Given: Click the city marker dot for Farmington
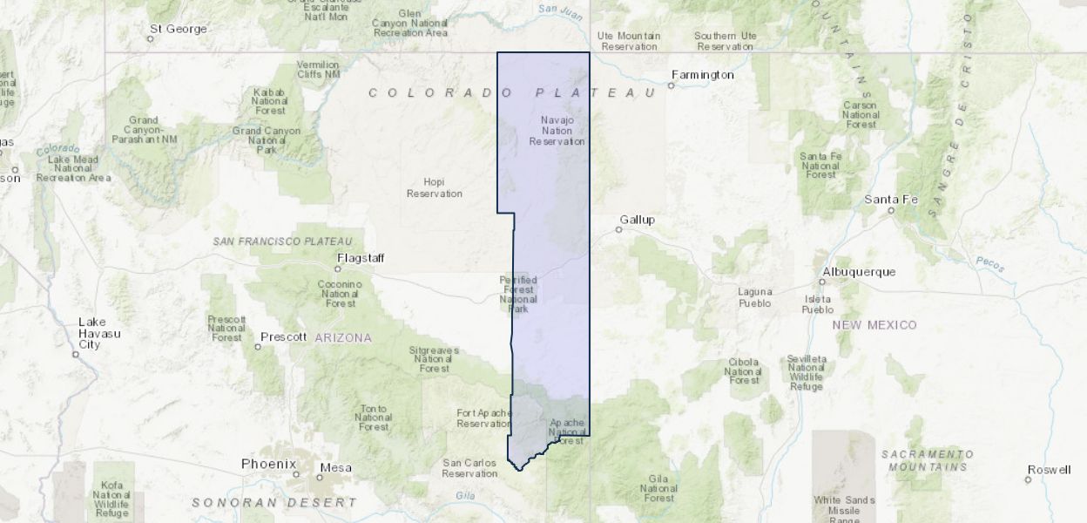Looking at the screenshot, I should pyautogui.click(x=672, y=85).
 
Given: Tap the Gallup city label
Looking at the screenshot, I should pyautogui.click(x=637, y=219).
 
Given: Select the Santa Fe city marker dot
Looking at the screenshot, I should pyautogui.click(x=891, y=210).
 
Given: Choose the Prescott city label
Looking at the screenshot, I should pyautogui.click(x=284, y=336).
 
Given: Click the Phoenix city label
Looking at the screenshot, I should pyautogui.click(x=268, y=464).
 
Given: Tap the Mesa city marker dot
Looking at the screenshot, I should pyautogui.click(x=320, y=476).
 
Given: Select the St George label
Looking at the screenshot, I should pyautogui.click(x=178, y=29).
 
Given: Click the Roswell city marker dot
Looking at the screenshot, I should pyautogui.click(x=1029, y=479).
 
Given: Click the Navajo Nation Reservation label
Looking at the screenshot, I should pyautogui.click(x=557, y=130).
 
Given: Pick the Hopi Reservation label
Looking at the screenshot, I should pyautogui.click(x=434, y=187).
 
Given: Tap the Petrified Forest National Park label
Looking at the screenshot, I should pyautogui.click(x=518, y=294).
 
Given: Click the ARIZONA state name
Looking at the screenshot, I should pyautogui.click(x=343, y=337).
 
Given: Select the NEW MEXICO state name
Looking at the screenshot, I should pyautogui.click(x=874, y=324).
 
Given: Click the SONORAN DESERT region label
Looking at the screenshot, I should pyautogui.click(x=274, y=502).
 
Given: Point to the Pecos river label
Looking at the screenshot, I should pyautogui.click(x=991, y=262).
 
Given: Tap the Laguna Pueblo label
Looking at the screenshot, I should pyautogui.click(x=754, y=297).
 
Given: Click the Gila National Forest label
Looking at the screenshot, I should pyautogui.click(x=658, y=488).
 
